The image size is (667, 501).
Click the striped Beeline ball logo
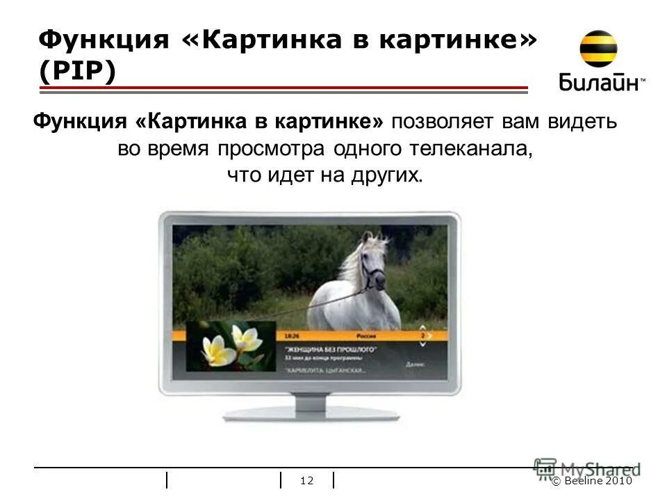[598, 49]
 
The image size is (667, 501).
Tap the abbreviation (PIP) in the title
[76, 72]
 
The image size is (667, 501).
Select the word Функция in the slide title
[104, 40]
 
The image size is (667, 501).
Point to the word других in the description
[389, 175]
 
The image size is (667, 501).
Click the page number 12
[307, 481]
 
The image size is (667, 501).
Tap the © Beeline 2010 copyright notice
[593, 481]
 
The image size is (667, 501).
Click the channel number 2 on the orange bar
[422, 335]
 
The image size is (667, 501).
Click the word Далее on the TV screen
[416, 363]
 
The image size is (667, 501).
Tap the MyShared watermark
[588, 469]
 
